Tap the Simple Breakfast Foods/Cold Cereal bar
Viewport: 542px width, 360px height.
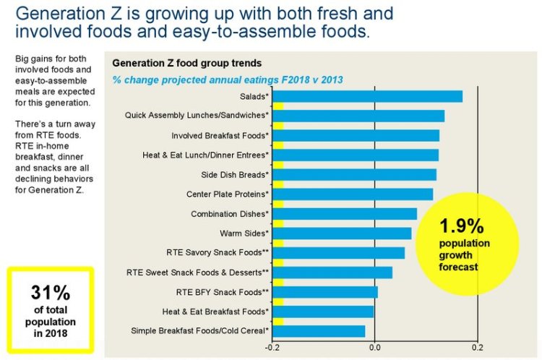(319, 331)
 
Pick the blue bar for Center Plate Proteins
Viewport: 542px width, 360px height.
(353, 194)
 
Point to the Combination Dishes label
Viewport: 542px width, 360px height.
(230, 214)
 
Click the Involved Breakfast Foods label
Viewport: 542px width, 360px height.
(220, 135)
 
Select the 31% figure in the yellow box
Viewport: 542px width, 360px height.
(50, 293)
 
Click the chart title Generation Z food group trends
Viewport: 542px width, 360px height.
(186, 63)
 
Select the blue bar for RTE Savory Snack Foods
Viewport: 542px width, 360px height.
(339, 253)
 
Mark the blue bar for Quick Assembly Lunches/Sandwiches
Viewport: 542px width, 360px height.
(358, 116)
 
